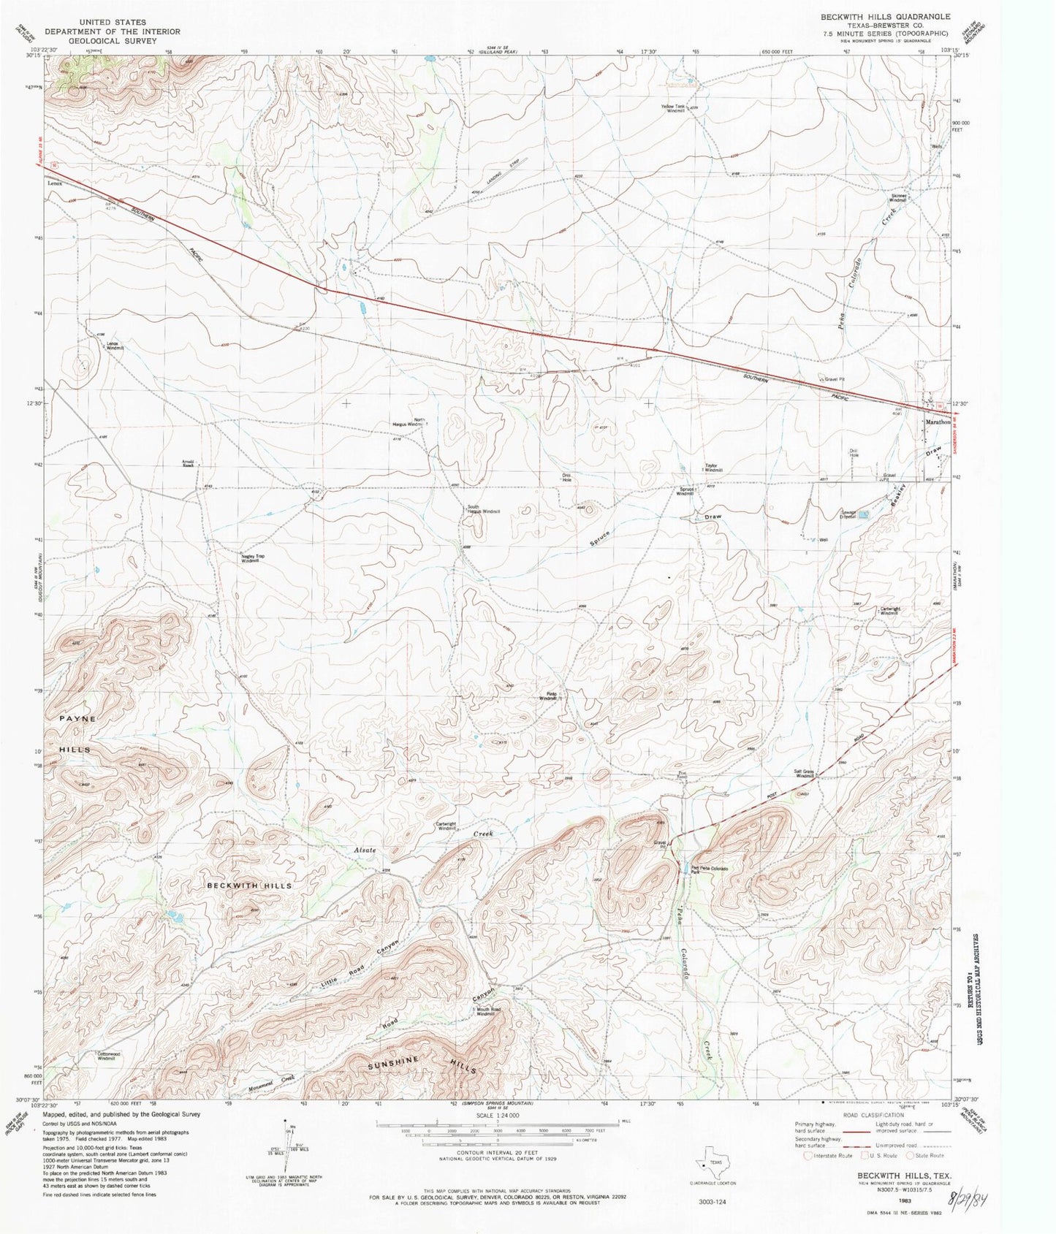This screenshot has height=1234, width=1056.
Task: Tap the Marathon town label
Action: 938,422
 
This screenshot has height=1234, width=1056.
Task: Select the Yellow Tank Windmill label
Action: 673,108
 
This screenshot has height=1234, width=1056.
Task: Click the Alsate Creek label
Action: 420,842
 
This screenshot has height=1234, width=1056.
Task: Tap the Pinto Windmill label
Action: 548,696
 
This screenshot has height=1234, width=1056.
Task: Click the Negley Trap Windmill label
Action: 251,558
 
